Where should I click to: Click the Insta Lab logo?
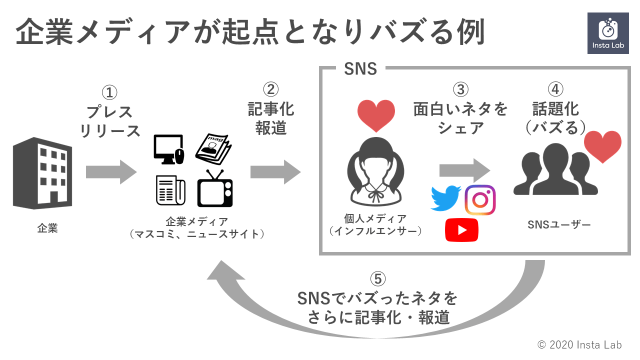coord(607,33)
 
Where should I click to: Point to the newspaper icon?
coord(170,190)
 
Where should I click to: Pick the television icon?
coord(215,189)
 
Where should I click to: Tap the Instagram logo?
coord(480,199)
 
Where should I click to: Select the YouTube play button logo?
coord(461,230)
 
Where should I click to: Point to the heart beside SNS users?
coord(603,146)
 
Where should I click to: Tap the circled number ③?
coord(460,89)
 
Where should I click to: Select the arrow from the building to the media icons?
coord(111,172)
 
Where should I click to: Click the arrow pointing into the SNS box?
coord(275,172)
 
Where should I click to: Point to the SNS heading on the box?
coord(360,69)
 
